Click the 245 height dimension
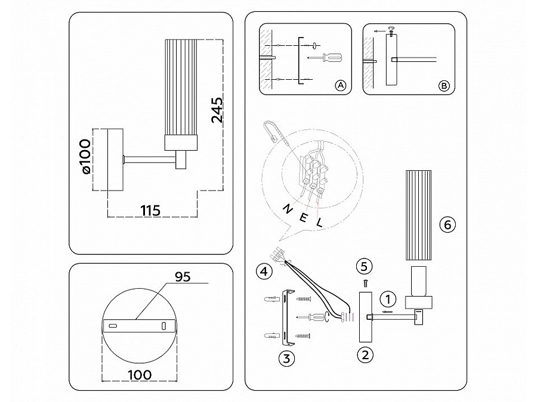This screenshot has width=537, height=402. [217, 110]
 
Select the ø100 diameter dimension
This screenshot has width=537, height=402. [84, 157]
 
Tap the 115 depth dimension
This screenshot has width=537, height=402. [151, 210]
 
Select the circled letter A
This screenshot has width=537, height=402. [341, 86]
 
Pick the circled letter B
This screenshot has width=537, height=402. [443, 86]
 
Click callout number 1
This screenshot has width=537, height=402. [388, 298]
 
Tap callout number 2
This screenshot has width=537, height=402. [365, 356]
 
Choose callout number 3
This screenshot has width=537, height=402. [287, 358]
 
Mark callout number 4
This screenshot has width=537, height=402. [261, 272]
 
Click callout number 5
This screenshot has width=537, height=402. [365, 266]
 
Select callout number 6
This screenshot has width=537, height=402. [447, 225]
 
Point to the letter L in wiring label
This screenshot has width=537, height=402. [320, 224]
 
